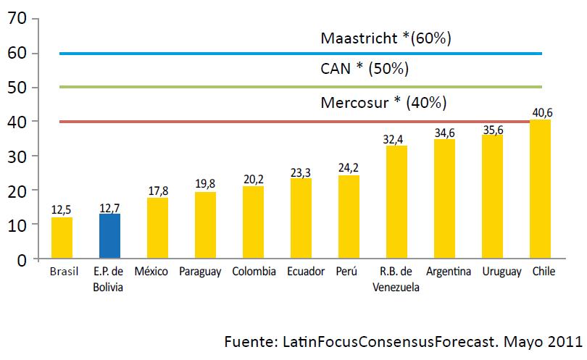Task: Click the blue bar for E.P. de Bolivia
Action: tap(109, 236)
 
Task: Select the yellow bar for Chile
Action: tap(540, 189)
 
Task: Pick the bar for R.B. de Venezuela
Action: tap(396, 202)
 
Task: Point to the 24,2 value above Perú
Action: tap(349, 167)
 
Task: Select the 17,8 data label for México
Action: tap(157, 190)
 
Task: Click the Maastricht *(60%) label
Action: tap(386, 38)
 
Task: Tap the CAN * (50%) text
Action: tap(365, 70)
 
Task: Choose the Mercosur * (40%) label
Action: tap(383, 102)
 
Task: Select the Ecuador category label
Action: tap(301, 272)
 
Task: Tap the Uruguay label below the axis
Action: tap(492, 272)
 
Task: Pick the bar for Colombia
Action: tap(253, 222)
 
